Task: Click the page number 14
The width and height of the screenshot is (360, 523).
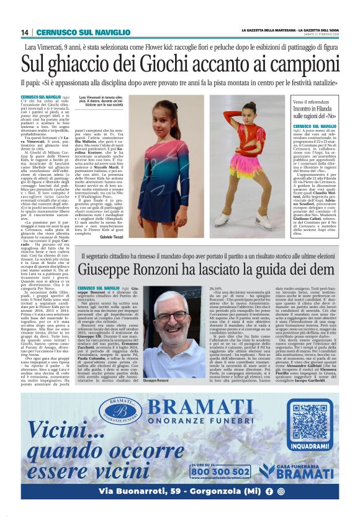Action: click(25, 32)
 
